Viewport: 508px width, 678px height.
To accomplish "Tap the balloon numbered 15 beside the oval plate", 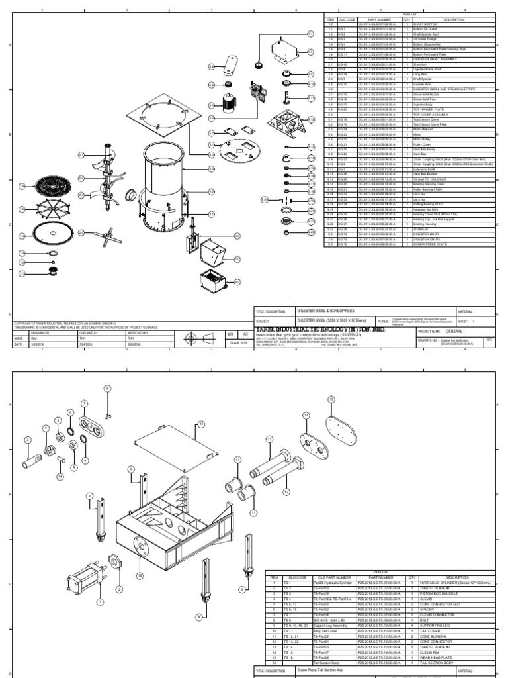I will (331, 399).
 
